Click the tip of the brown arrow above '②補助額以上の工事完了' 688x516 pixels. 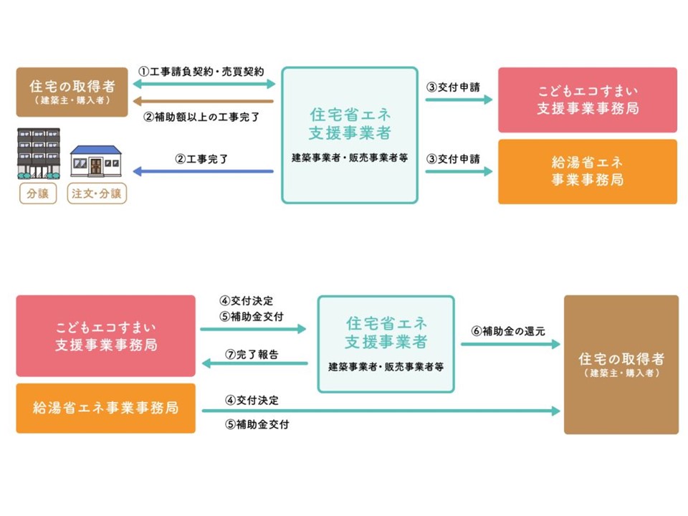133,101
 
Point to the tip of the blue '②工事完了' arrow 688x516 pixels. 133,171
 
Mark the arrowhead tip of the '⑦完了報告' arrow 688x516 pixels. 201,363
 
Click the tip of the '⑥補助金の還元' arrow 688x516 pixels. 560,344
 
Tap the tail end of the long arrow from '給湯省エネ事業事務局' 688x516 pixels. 202,411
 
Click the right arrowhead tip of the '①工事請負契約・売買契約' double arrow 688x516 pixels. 275,84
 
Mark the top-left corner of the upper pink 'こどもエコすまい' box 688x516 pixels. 499,67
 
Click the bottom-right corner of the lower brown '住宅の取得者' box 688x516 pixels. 679,434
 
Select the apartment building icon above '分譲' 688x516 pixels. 39,153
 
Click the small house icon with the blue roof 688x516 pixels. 95,161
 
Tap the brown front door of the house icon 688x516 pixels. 95,166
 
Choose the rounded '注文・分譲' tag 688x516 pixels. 97,193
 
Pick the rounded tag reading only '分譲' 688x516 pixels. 38,193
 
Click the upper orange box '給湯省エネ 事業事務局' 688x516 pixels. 588,171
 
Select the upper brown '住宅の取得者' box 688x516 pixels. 72,92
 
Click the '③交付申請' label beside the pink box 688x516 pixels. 453,87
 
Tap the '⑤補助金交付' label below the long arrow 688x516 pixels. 257,424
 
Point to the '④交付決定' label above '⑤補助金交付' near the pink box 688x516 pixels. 246,300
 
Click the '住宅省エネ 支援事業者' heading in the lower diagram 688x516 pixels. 386,333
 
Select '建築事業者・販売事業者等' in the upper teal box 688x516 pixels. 350,158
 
